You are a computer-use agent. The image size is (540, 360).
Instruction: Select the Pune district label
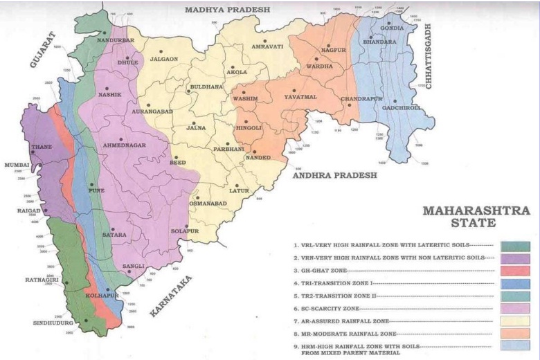[x=96, y=189]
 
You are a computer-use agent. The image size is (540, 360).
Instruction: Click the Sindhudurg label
[x=54, y=323]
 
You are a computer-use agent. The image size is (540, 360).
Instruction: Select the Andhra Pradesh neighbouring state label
[x=334, y=176]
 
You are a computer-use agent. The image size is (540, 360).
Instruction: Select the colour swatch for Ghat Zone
[x=516, y=271]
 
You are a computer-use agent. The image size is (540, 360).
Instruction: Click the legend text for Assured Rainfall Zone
[x=339, y=321]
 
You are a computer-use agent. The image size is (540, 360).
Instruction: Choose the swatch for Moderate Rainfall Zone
[x=516, y=333]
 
